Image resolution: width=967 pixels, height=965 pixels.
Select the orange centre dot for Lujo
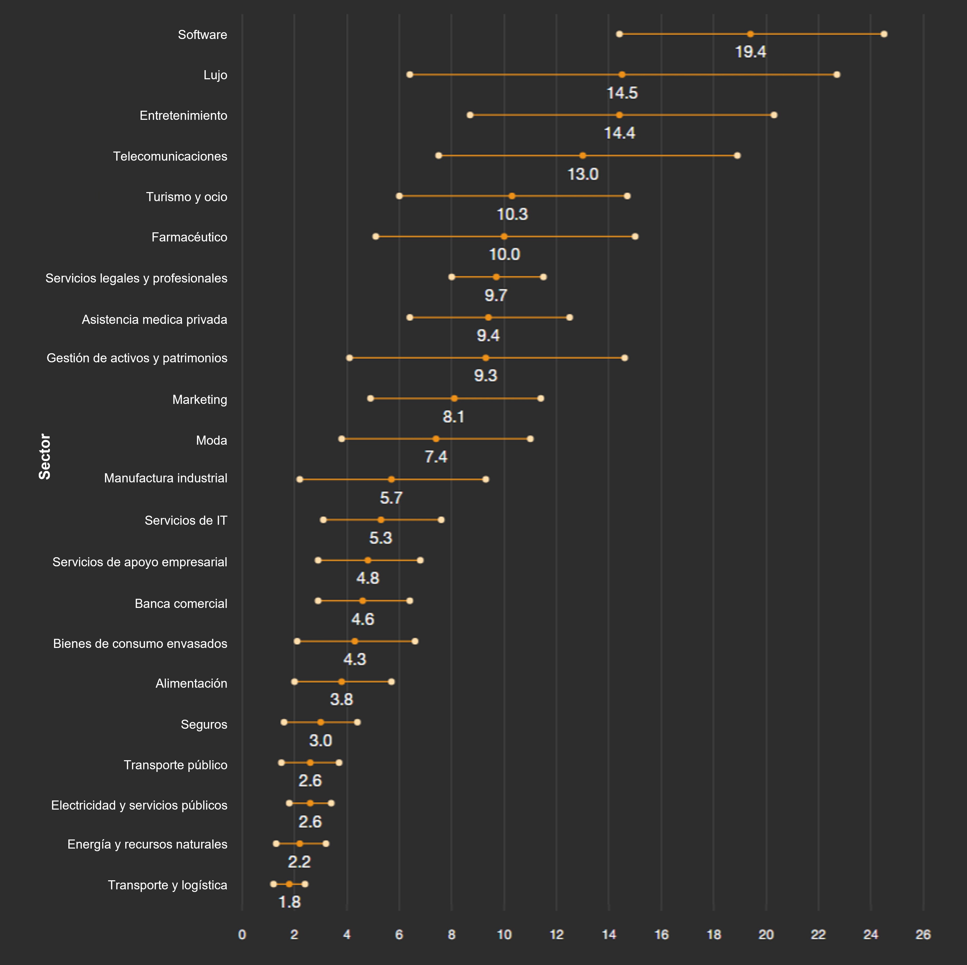(622, 75)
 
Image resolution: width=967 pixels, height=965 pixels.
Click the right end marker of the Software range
(884, 34)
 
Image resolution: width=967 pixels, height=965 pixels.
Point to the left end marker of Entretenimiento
(470, 115)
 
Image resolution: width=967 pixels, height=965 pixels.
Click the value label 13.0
(583, 174)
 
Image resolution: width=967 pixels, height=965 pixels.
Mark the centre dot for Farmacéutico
(504, 236)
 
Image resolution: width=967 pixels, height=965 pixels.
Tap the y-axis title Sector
(44, 456)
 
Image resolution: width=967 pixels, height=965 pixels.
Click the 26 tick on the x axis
(923, 935)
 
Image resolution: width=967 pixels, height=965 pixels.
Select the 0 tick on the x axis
(242, 935)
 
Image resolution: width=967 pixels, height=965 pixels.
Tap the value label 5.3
(380, 538)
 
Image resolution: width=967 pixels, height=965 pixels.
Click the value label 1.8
(289, 902)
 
